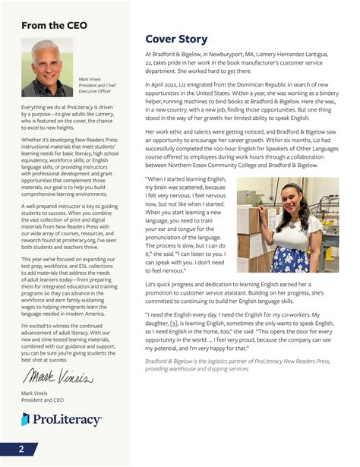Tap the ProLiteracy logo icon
(x=26, y=419)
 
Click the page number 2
(x=21, y=449)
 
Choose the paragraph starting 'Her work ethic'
(x=242, y=149)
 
